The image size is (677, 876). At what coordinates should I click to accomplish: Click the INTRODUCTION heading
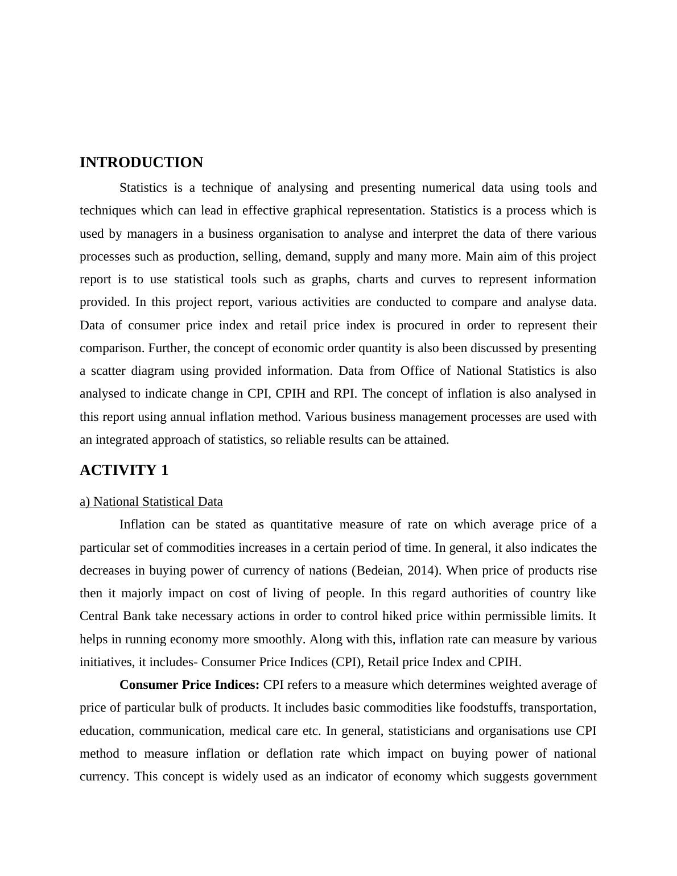(x=141, y=163)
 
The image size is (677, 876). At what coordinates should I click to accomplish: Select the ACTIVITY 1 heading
(x=124, y=470)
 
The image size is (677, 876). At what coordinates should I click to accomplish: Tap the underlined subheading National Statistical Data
(x=151, y=502)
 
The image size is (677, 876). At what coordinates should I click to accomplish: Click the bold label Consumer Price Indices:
(x=189, y=685)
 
